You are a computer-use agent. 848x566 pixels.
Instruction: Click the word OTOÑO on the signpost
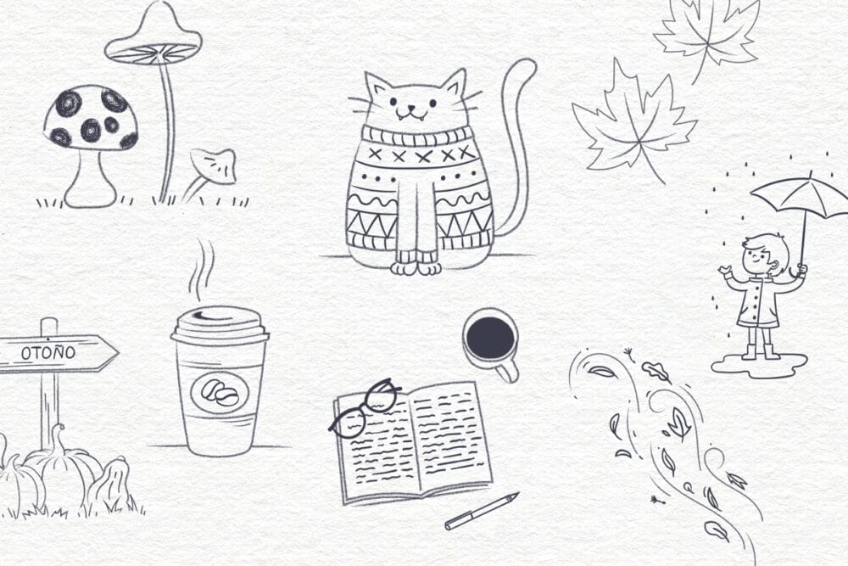pos(48,352)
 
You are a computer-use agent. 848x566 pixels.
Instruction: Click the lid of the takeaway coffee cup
pos(220,325)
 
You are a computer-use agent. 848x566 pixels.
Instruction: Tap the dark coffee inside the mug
pos(490,338)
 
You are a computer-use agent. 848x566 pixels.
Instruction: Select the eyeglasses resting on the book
pos(365,407)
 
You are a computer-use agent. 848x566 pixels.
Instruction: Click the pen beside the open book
pos(481,511)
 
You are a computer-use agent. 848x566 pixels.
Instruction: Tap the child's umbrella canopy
pos(801,198)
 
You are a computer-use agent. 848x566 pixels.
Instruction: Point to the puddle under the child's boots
pos(759,365)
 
